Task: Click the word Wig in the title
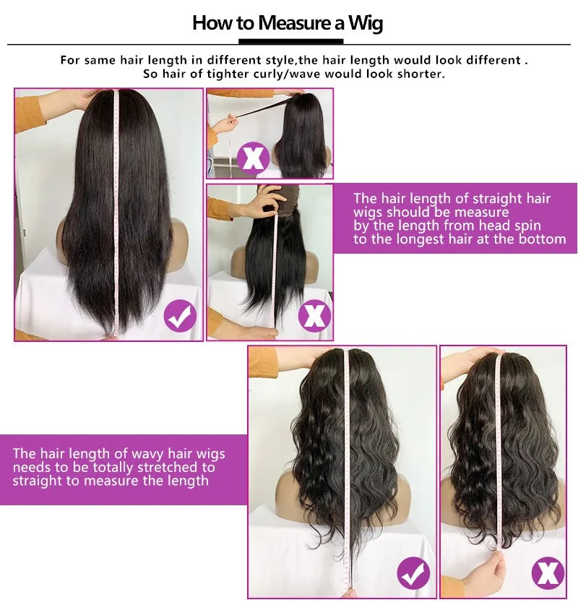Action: coord(366,23)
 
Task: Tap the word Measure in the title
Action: coord(294,22)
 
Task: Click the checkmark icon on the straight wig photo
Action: coord(180,316)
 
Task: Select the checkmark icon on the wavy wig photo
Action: coord(414,573)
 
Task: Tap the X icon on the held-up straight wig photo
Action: coord(314,316)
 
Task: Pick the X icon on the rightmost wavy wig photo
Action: coord(548,573)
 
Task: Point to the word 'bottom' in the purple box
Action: coord(542,239)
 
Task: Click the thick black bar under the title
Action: coord(290,41)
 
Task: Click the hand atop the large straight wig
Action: coord(85,98)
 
